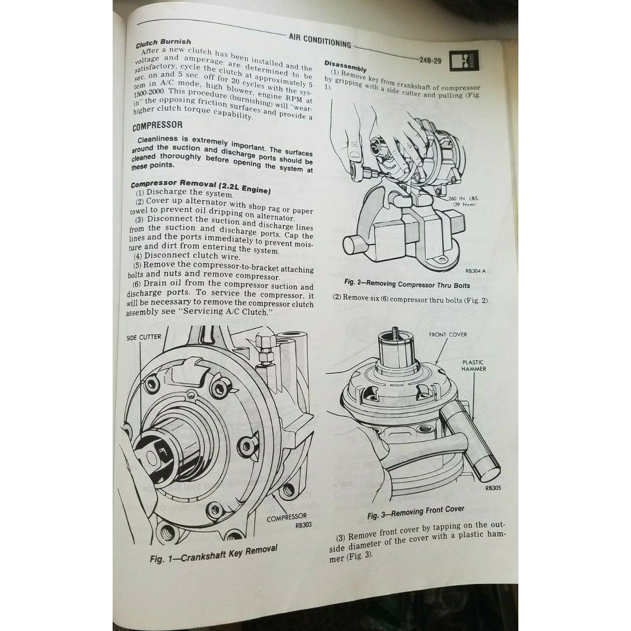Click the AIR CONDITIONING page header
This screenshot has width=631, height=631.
coord(320,41)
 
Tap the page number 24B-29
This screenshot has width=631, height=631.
coord(430,60)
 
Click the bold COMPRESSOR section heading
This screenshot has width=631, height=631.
coord(158,125)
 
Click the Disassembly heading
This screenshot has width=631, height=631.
coord(345,66)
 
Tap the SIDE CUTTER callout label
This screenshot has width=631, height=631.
coord(143,337)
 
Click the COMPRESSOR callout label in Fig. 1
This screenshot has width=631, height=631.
coord(287,516)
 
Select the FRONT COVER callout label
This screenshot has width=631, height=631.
coord(448,335)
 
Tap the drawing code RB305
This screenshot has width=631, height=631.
coord(492,488)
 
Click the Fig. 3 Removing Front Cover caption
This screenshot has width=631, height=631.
coord(415,512)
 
